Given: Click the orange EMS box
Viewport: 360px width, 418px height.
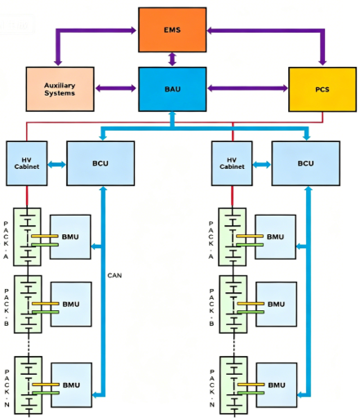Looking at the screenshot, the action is pos(172,29).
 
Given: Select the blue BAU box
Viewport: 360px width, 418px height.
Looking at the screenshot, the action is pos(172,89).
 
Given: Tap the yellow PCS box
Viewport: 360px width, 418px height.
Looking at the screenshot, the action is pos(322,89).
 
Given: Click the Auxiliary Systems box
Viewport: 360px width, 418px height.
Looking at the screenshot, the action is pos(60,89).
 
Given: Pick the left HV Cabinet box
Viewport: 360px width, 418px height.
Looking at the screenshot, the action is pos(27,163).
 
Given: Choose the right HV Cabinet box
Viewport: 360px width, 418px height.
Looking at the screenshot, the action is pos(232,163).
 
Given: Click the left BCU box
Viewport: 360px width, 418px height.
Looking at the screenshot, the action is pos(100,163).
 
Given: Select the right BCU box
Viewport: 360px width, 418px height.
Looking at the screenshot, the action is pos(306,163).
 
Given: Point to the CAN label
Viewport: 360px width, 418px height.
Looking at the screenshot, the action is pos(114,275).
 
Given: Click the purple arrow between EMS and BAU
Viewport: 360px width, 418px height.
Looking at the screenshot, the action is pos(172,60).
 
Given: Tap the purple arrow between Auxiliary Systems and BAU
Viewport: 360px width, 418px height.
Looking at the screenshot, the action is pos(116,88).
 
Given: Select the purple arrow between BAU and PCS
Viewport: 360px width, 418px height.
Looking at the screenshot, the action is pos(247,88).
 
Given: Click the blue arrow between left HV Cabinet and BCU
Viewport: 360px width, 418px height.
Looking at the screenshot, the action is pos(57,164).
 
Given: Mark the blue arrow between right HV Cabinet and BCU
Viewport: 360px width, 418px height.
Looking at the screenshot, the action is pos(262,164).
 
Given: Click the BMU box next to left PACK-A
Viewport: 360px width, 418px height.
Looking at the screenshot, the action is pos(70,237).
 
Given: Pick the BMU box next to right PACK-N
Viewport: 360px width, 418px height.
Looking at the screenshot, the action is pos(277,385).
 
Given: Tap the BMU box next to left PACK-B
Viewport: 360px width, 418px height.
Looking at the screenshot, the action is pos(71,304).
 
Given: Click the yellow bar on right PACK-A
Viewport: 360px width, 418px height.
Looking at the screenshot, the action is pos(250,236).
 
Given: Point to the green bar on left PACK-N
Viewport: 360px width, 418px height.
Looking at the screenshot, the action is pos(46,393).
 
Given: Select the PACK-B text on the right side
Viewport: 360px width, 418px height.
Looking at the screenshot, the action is pos(211,307).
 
